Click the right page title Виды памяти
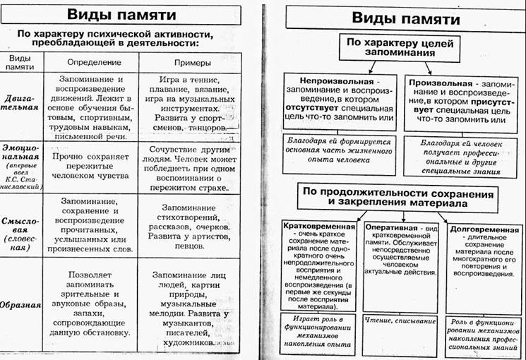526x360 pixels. click(x=395, y=18)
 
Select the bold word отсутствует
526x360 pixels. click(x=313, y=109)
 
